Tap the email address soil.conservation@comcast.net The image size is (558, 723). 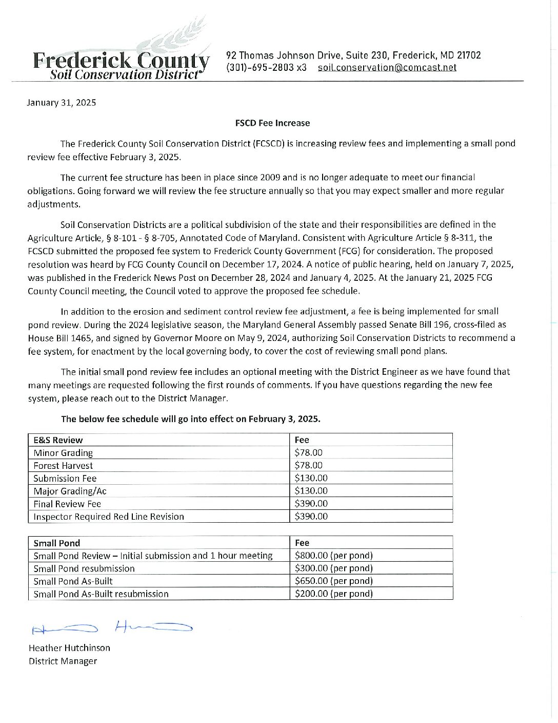click(x=387, y=68)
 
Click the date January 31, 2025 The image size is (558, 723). click(x=62, y=102)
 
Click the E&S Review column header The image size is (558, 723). click(x=58, y=440)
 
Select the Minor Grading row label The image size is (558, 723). click(x=63, y=453)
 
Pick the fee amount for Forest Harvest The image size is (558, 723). click(x=309, y=466)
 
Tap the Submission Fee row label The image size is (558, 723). click(x=65, y=479)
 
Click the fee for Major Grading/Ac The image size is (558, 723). click(x=311, y=491)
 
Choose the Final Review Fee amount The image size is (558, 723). click(x=311, y=504)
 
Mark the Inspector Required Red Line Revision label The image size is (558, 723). click(x=108, y=517)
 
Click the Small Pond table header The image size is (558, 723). click(x=57, y=543)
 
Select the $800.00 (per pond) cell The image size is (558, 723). click(x=334, y=556)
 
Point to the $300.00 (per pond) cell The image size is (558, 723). click(x=334, y=568)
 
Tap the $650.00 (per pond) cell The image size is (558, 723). click(x=334, y=581)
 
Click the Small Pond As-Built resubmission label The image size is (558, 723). click(x=101, y=594)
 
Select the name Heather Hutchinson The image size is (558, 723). click(x=69, y=648)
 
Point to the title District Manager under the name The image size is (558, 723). click(x=63, y=661)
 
